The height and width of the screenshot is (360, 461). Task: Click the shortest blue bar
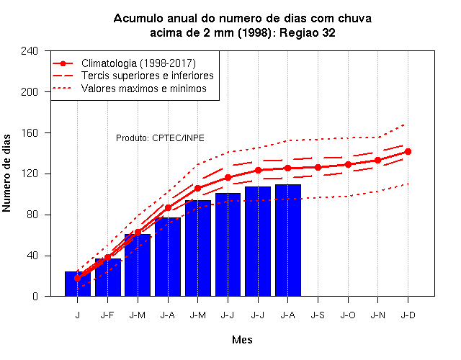[x=78, y=284]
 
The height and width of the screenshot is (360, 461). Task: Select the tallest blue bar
[x=288, y=240]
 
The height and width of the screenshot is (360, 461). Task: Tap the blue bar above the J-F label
[x=108, y=277]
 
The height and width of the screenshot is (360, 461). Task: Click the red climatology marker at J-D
[x=408, y=152]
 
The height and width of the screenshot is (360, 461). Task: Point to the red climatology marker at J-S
[x=318, y=168]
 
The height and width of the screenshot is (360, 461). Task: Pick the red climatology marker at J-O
[x=348, y=165]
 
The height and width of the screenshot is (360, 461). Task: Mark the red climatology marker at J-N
[x=377, y=161]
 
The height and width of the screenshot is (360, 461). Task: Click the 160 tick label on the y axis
[x=30, y=132]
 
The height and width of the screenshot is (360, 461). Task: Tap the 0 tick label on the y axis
[x=35, y=297]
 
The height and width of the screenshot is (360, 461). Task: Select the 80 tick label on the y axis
[x=32, y=215]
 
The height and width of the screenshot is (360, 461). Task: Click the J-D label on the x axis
[x=408, y=315]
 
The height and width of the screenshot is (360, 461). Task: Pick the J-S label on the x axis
[x=318, y=315]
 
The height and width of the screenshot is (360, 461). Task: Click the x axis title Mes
[x=242, y=340]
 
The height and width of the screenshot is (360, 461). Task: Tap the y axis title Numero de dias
[x=6, y=174]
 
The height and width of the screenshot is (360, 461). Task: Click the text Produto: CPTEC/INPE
[x=160, y=138]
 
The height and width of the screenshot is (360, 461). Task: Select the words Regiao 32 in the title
[x=308, y=32]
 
